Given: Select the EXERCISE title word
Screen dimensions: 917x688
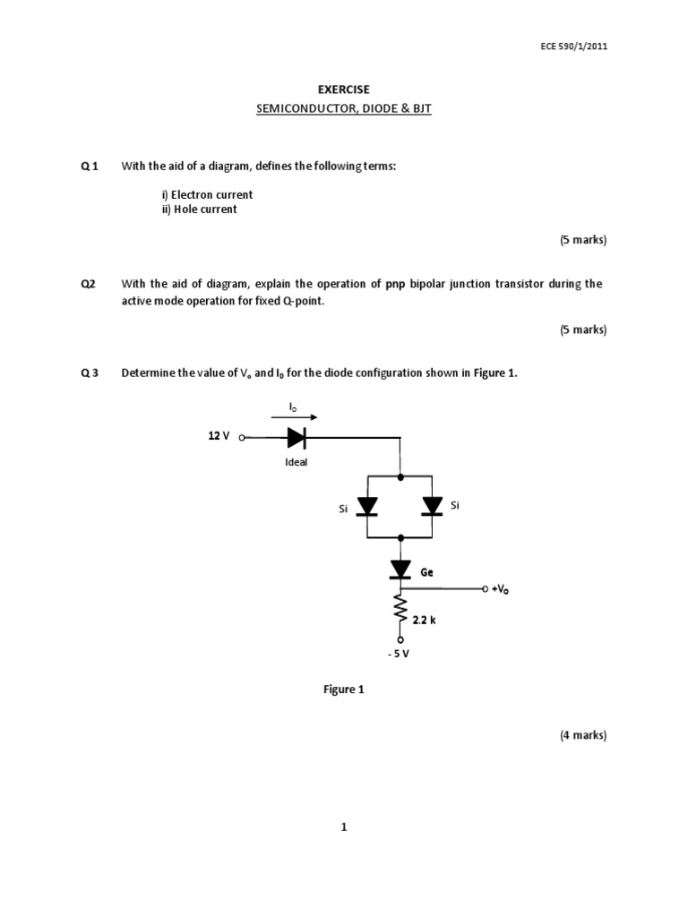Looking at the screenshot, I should click(x=344, y=90).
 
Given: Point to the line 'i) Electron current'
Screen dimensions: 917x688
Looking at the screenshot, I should click(x=207, y=194).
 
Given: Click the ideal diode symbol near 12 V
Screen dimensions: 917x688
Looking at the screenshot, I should click(x=297, y=438).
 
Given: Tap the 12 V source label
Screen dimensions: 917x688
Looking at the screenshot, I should click(x=219, y=436).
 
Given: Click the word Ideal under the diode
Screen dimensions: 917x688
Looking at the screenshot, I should click(x=296, y=463).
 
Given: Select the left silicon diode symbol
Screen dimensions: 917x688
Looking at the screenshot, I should click(x=367, y=507).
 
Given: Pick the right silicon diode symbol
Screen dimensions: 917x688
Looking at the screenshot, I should click(x=433, y=507).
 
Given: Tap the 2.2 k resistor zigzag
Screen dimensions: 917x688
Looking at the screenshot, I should click(x=400, y=613).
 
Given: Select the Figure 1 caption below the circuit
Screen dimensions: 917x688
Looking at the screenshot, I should click(x=344, y=690).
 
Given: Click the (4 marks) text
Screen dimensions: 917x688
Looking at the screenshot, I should click(x=583, y=735).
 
